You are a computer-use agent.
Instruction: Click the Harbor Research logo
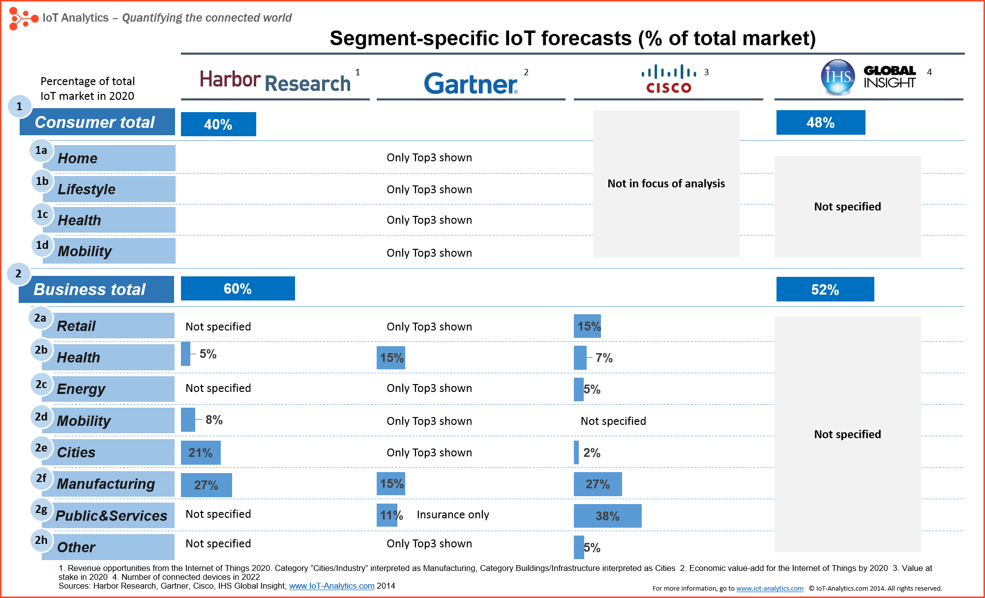pos(275,81)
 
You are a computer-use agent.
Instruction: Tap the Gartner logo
pos(471,84)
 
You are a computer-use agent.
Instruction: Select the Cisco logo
pos(669,79)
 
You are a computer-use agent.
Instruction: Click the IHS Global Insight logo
pos(868,77)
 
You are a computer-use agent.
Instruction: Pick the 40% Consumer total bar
pos(218,124)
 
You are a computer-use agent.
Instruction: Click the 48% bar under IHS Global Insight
pos(820,122)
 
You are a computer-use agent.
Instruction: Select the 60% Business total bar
pos(238,288)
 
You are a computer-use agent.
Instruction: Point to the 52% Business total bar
pos(825,289)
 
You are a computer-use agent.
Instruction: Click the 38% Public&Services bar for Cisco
pos(607,516)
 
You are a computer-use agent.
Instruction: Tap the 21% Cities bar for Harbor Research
pos(201,452)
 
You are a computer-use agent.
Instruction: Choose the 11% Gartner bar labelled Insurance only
pos(387,515)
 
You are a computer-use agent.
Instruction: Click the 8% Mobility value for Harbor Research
pos(214,419)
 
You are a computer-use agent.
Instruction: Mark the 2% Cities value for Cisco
pos(592,452)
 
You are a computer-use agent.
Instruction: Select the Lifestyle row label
pos(87,189)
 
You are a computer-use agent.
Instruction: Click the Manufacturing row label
pos(106,484)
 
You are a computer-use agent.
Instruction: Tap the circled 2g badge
pos(41,509)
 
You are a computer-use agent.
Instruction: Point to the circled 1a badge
pos(41,150)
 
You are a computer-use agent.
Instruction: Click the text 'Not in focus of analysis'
pos(666,183)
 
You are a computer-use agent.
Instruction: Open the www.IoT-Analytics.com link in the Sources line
pos(331,586)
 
